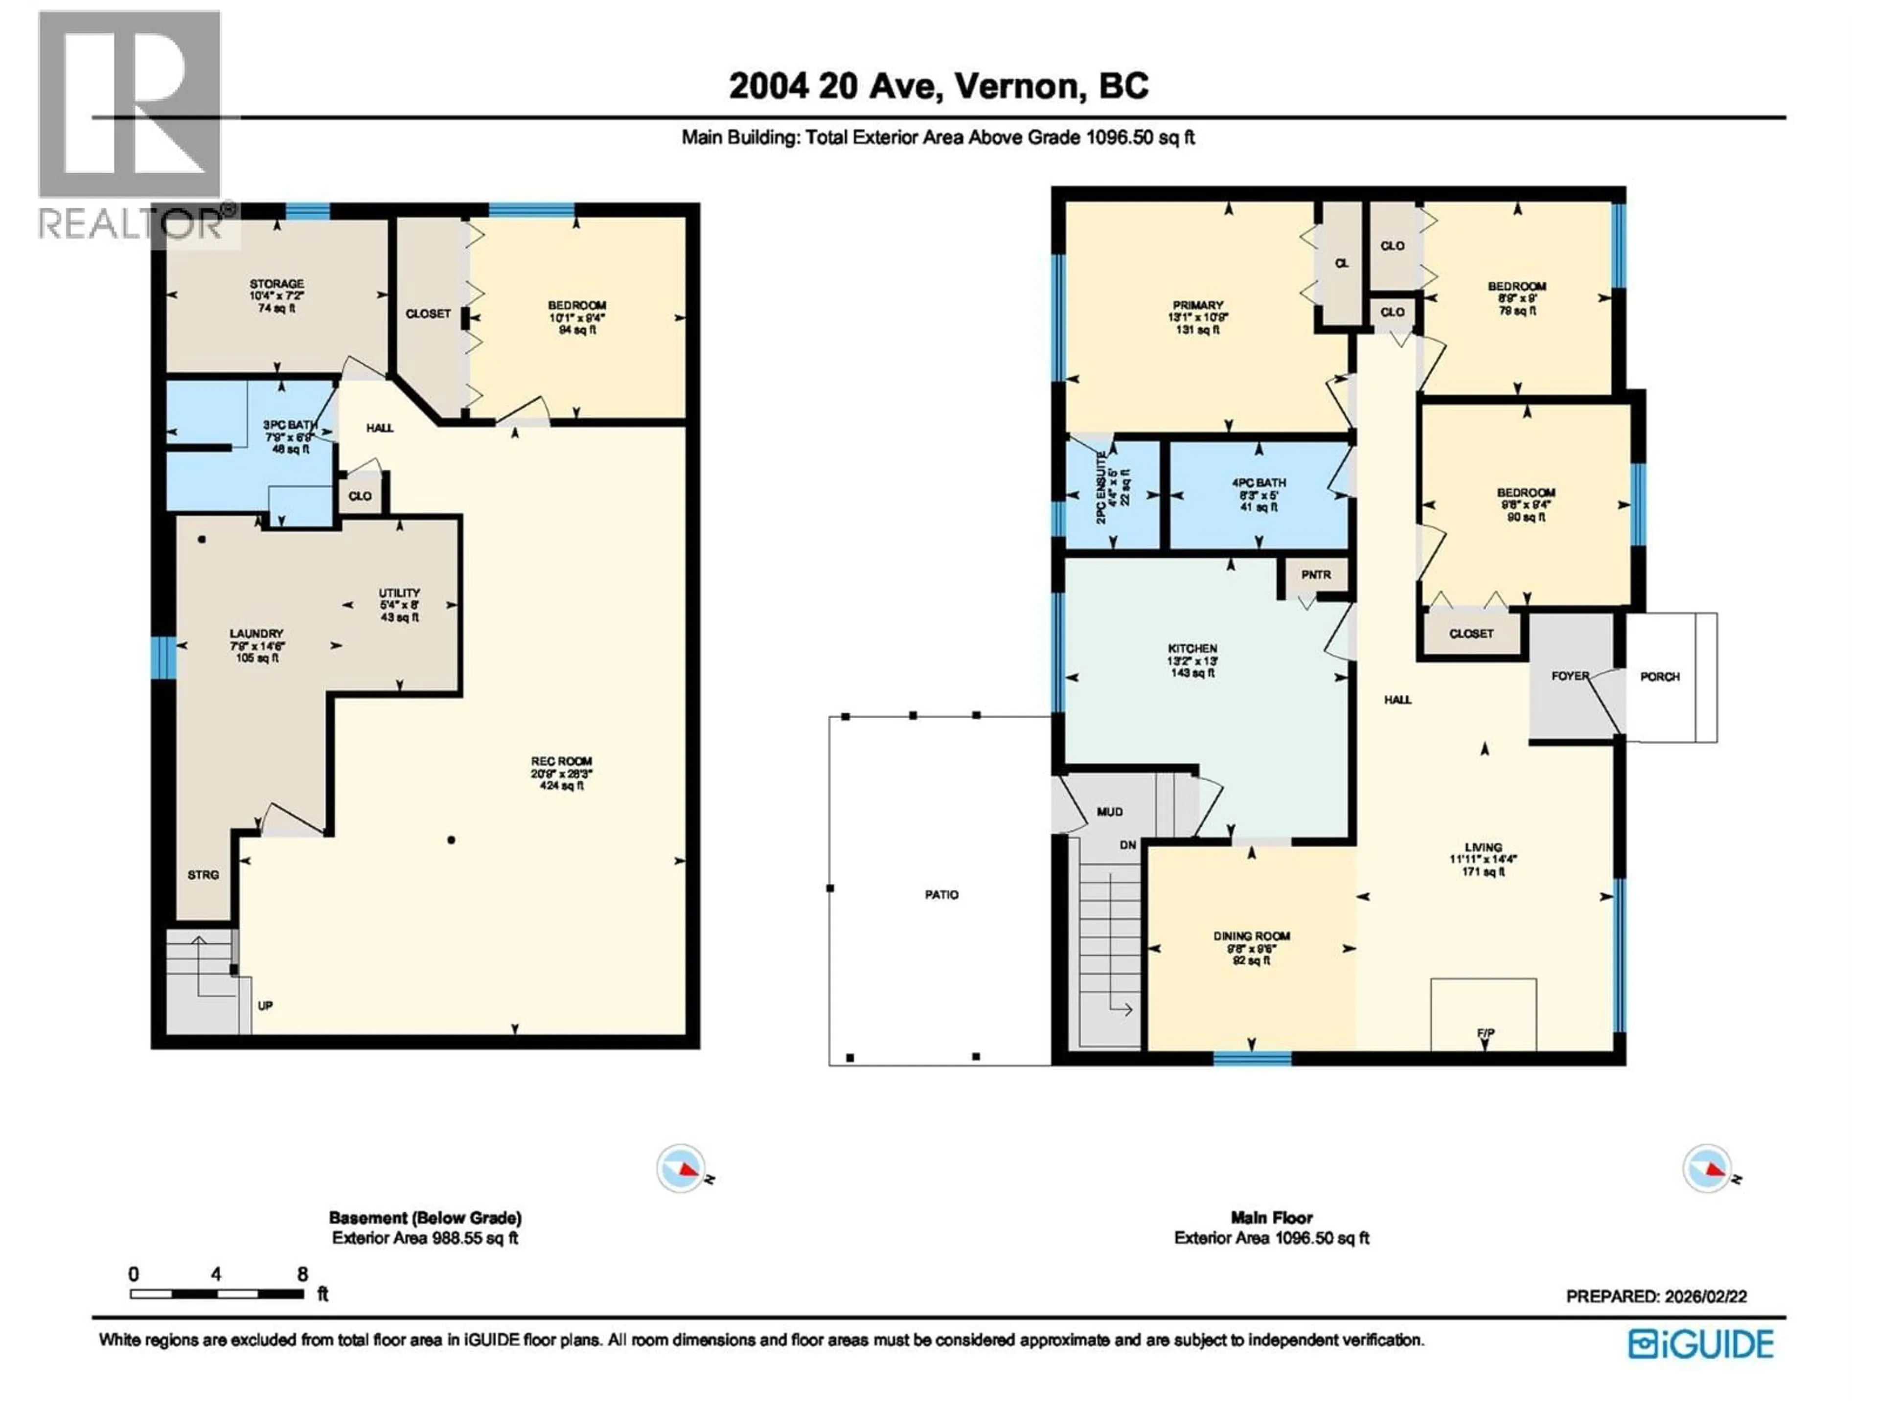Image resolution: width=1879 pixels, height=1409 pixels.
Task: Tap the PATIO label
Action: (941, 894)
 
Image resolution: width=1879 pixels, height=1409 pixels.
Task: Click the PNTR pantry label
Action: (1316, 575)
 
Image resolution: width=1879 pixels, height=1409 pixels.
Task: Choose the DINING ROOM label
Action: (1251, 936)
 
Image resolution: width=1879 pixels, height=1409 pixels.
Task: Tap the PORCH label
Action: (1659, 677)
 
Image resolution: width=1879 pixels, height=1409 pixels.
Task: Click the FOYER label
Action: (1569, 676)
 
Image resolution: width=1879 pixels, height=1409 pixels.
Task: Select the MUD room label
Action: (1109, 812)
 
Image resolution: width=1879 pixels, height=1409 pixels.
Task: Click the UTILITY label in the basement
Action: (399, 593)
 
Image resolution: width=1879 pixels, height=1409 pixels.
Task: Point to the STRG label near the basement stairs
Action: (203, 875)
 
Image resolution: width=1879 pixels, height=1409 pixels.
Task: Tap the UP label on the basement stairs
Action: (265, 1005)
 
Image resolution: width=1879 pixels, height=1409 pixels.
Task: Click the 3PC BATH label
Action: (290, 425)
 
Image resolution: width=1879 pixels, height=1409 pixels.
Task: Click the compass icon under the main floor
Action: (1707, 1169)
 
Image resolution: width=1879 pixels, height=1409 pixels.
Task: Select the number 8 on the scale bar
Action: (302, 1274)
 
